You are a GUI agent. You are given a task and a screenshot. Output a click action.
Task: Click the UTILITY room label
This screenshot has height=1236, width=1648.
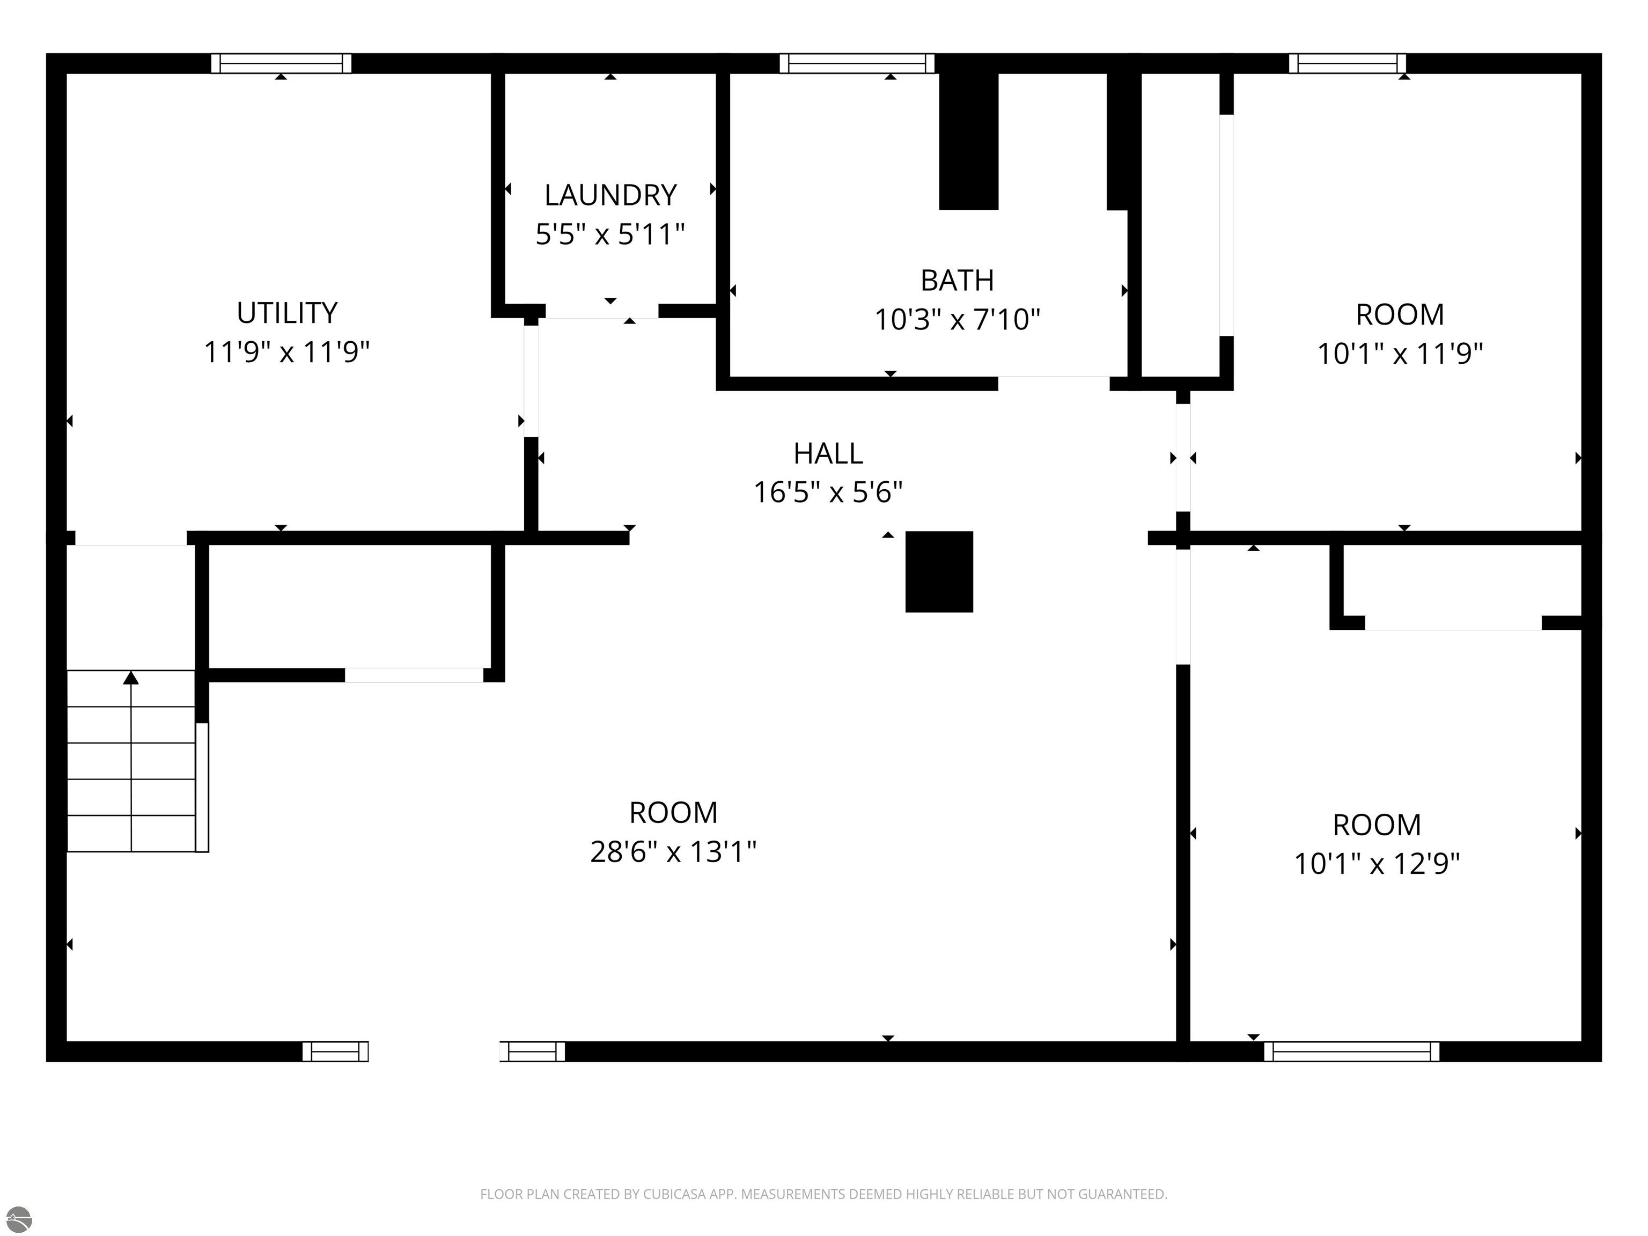[x=287, y=313]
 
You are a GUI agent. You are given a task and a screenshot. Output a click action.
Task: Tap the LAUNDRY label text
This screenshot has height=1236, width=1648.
[x=610, y=195]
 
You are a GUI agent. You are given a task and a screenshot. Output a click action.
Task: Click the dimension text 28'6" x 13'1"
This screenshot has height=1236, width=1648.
[x=673, y=851]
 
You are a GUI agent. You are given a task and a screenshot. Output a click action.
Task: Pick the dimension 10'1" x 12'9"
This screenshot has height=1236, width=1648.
[x=1377, y=864]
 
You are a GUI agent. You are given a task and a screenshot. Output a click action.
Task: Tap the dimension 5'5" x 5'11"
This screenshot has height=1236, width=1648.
[x=610, y=234]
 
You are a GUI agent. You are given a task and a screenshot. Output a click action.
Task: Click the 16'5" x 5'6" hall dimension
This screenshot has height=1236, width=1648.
[x=828, y=492]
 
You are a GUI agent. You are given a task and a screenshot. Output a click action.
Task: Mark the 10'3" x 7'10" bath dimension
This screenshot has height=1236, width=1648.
[x=958, y=320]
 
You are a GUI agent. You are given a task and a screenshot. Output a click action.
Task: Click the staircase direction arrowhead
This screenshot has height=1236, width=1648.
[x=131, y=677]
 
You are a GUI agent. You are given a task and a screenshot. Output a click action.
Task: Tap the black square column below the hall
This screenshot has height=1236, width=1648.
[x=939, y=571]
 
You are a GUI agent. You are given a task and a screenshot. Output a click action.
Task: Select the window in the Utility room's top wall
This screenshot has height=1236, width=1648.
[x=281, y=63]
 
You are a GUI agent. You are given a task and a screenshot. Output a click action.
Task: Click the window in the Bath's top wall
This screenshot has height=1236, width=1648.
[x=857, y=63]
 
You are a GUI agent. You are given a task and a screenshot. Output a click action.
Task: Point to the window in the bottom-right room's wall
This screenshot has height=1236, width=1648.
[x=1351, y=1051]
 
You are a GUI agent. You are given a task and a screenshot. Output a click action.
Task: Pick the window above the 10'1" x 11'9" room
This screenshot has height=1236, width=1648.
[x=1347, y=63]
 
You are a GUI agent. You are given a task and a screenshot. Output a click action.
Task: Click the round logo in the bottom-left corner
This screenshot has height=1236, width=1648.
[x=19, y=1219]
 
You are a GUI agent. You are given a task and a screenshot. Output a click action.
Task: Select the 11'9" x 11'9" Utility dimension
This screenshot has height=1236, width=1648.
[x=287, y=352]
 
